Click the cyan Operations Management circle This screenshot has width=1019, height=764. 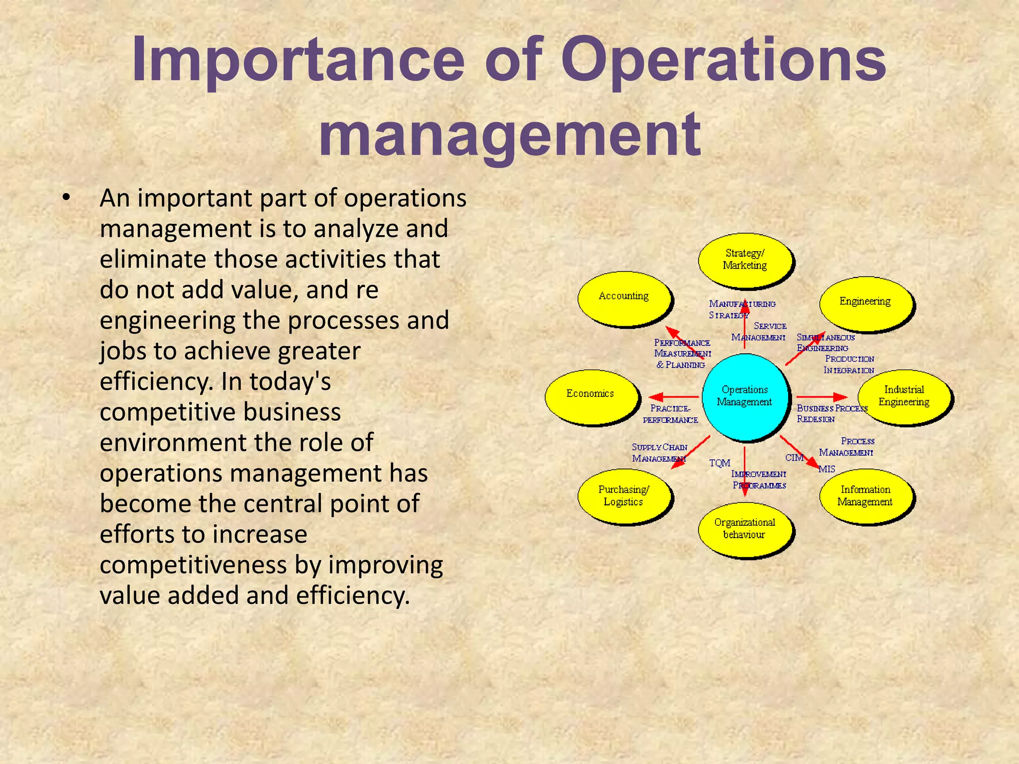[745, 397]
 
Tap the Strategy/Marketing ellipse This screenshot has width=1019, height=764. [745, 260]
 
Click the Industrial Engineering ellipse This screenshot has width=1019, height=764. [904, 396]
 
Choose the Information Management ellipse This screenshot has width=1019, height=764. [866, 496]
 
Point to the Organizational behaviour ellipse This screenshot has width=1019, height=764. [745, 529]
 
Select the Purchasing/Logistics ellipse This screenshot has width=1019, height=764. [624, 496]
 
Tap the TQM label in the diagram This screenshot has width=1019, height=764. [719, 463]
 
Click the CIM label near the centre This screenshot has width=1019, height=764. [794, 458]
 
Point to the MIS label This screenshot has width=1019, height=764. [827, 469]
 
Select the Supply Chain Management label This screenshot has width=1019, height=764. [659, 453]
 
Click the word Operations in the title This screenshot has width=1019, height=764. [724, 61]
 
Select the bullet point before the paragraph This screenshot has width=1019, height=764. [66, 198]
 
